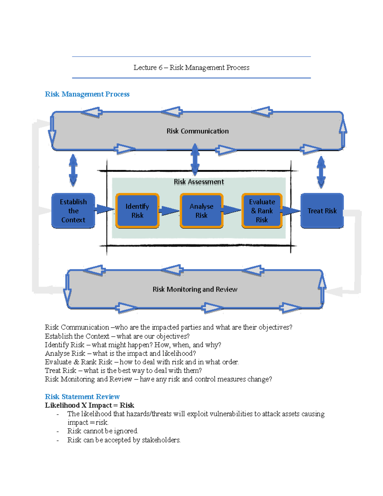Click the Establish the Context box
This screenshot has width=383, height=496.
coord(73,211)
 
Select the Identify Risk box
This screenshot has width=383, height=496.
coord(137,211)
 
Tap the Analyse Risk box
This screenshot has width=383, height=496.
coord(201,211)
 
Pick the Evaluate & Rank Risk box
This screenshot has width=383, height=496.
coord(262,211)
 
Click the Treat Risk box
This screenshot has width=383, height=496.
coord(322,211)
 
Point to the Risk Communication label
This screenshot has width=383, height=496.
coord(198,131)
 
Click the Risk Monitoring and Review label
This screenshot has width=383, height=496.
coord(195,289)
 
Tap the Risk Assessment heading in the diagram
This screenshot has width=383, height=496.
coord(199,182)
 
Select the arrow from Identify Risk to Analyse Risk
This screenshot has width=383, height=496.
coord(169,211)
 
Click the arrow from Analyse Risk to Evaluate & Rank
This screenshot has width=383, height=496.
coord(232,210)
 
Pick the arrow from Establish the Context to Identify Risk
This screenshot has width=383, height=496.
coord(104,209)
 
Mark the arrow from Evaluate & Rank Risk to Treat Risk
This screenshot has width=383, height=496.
coord(291,210)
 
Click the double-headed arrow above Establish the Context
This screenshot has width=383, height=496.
coord(73,170)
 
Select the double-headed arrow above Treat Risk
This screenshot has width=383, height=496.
coord(321,172)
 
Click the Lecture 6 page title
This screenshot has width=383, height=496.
coord(191,68)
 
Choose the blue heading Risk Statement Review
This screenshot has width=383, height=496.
coord(82,397)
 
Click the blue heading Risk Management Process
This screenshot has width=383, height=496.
coord(87,94)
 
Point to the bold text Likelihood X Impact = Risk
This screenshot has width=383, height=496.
coord(89,405)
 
